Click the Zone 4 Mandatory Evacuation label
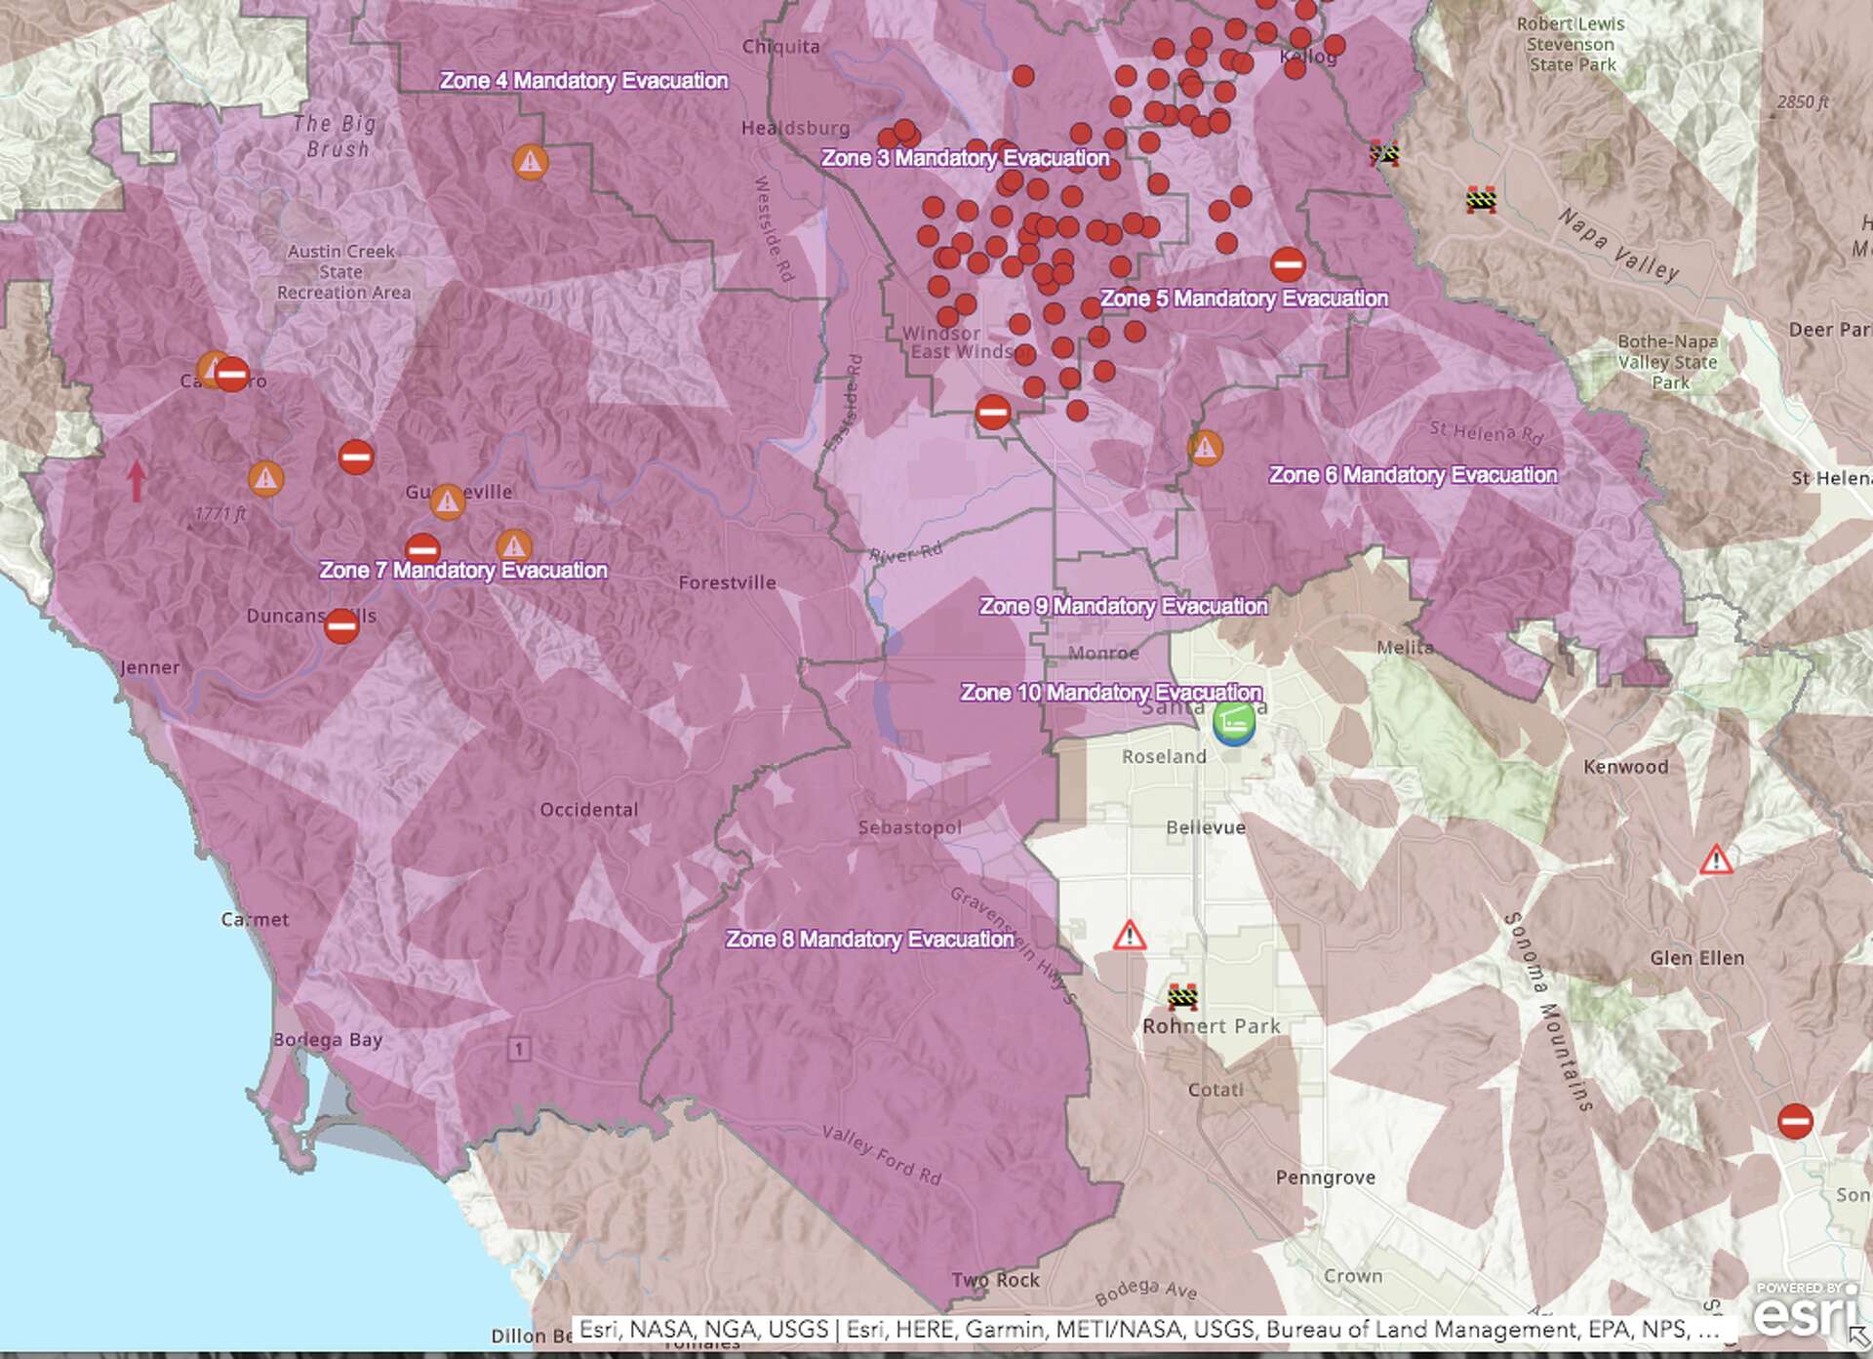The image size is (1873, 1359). (583, 81)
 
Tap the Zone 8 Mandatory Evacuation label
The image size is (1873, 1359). (869, 939)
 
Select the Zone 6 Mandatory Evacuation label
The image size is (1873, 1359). (1413, 475)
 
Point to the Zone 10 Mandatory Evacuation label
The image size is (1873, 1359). (1111, 693)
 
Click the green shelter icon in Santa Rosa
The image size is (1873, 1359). (1234, 724)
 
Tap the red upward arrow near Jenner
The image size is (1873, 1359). (137, 481)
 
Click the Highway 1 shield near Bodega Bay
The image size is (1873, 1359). (519, 1050)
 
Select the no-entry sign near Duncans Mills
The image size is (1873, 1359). (341, 625)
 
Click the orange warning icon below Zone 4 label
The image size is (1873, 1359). (530, 162)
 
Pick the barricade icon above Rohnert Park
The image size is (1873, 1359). (1182, 996)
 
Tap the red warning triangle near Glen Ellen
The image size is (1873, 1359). (1716, 860)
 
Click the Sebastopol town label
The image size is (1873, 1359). (909, 827)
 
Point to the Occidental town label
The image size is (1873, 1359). (588, 810)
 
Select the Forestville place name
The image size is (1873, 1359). (727, 583)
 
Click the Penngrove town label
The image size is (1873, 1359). (1325, 1178)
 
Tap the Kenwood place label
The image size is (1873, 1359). (1625, 767)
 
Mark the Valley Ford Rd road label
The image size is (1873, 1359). (882, 1155)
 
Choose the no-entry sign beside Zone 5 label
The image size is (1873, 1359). (1288, 263)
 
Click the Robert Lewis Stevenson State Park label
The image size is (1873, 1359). (1570, 44)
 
